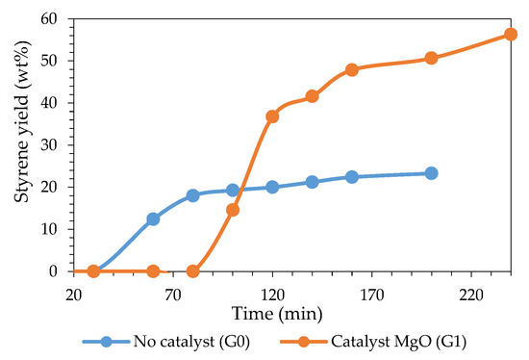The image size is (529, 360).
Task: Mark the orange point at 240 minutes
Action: [x=511, y=35]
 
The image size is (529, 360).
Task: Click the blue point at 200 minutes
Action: [x=431, y=173]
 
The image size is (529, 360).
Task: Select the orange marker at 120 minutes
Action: [x=272, y=116]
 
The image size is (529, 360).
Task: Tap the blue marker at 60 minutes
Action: [x=153, y=219]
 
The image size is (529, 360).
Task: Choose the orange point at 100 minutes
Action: [x=233, y=210]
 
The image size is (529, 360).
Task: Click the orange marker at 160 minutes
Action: [x=352, y=70]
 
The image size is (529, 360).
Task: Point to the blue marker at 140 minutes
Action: [x=312, y=182]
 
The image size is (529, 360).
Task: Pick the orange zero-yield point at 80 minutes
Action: [x=192, y=271]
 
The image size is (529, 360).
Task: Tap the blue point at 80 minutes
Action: [x=192, y=195]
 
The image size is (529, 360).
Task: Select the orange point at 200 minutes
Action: [x=431, y=58]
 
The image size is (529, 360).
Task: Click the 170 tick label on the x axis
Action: [x=371, y=292]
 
